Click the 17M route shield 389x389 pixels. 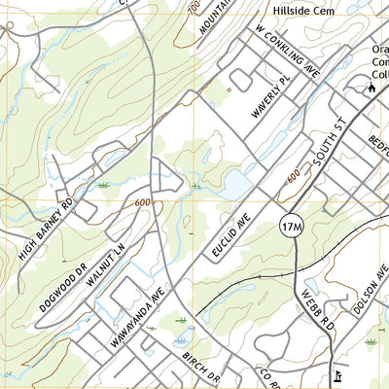(x=291, y=227)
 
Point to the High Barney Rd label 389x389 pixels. (x=47, y=230)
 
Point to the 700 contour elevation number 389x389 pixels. (x=194, y=8)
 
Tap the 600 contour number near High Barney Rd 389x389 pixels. (x=145, y=201)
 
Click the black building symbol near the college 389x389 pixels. (x=371, y=89)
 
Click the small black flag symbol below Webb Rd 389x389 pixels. (x=336, y=375)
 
